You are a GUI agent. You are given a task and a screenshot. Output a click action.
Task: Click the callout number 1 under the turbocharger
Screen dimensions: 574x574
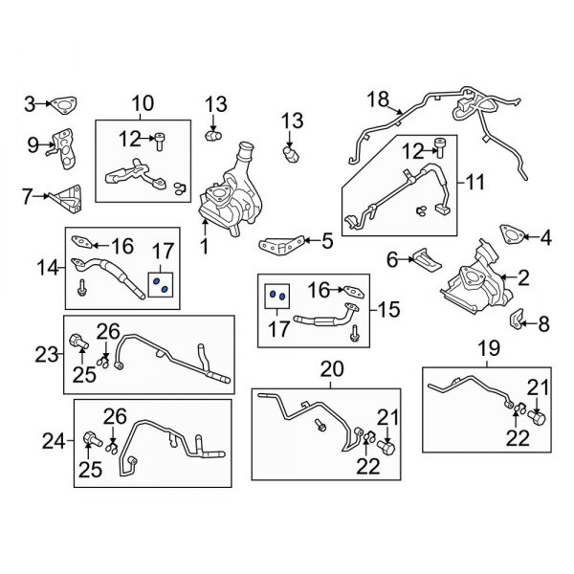pos(204,247)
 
